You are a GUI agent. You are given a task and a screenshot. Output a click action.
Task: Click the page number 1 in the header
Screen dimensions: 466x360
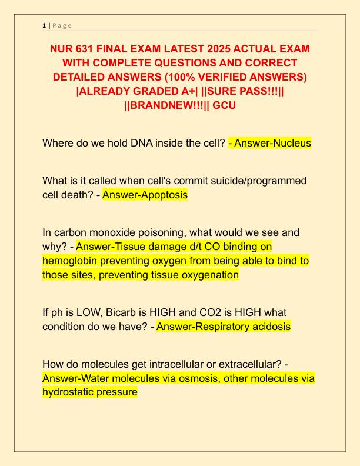(44, 25)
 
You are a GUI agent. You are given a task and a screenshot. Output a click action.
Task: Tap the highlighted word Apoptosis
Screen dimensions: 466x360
(163, 195)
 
